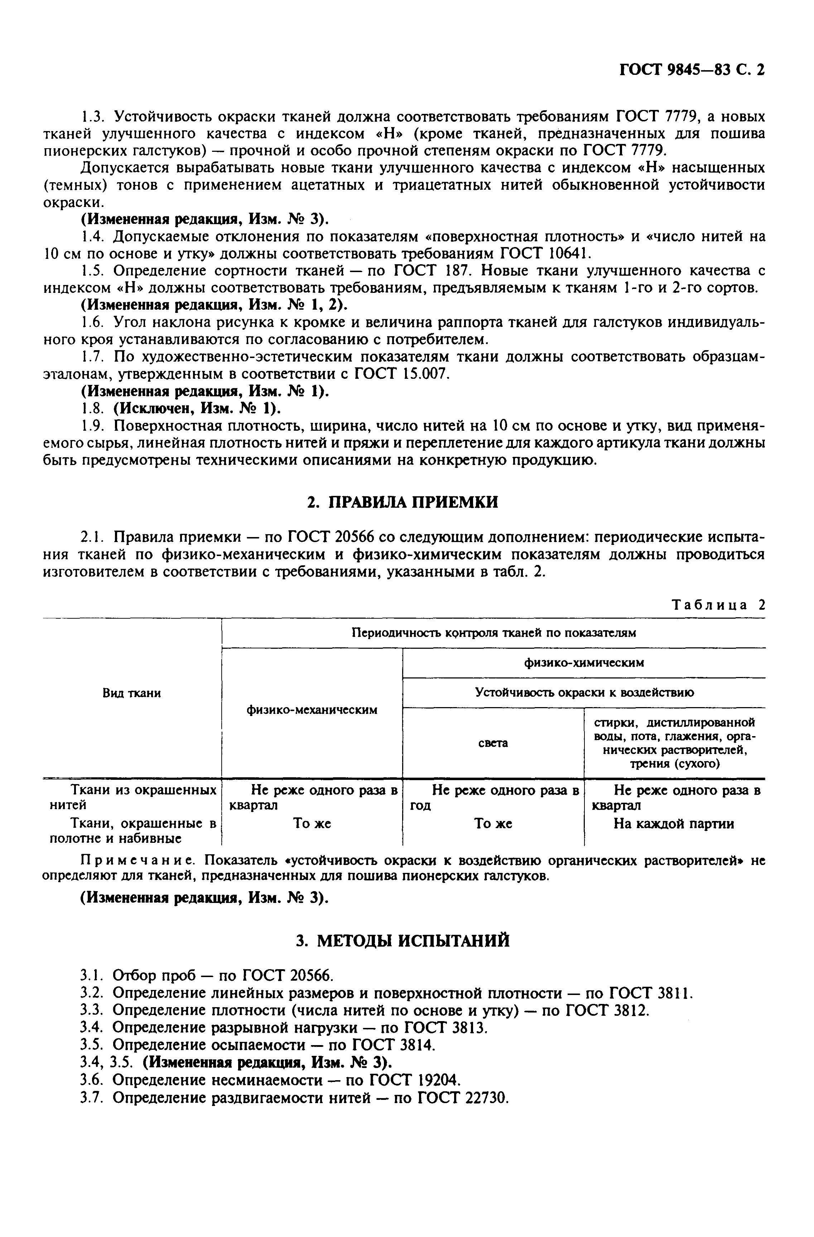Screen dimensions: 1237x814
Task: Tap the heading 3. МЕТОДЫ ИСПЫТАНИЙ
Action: (403, 941)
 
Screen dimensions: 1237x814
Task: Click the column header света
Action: (492, 743)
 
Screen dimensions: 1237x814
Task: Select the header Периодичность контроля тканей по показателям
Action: (493, 633)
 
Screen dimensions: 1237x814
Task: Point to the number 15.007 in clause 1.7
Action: (425, 374)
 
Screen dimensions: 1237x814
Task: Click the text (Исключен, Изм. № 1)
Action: (198, 408)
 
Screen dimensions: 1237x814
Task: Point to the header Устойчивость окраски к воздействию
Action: (584, 692)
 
